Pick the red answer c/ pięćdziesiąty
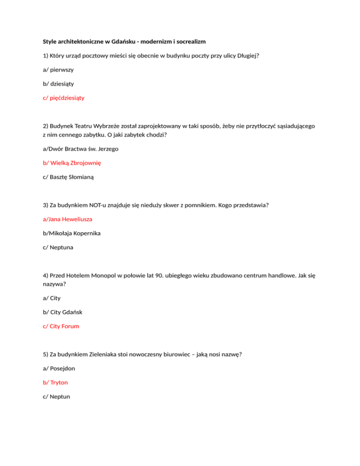[64, 98]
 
